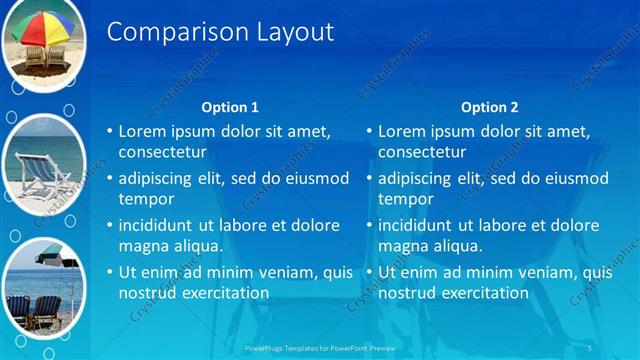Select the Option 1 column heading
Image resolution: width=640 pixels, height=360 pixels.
point(230,107)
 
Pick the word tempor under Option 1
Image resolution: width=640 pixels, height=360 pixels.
point(147,199)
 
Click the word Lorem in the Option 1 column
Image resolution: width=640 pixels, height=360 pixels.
point(143,131)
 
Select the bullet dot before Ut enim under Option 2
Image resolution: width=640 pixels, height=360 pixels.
point(369,272)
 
